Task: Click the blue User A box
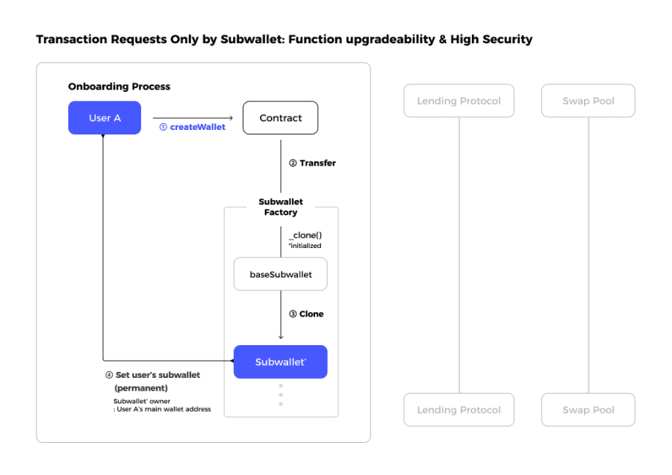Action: click(105, 118)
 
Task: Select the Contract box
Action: click(281, 118)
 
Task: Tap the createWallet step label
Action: click(193, 127)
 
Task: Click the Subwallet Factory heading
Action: click(281, 207)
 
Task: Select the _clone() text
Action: click(305, 235)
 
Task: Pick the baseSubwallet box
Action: click(281, 274)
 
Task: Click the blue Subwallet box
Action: click(281, 361)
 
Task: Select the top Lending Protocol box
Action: click(458, 101)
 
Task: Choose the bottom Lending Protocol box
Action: click(458, 409)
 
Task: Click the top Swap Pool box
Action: click(588, 101)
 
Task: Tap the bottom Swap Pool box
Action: click(588, 409)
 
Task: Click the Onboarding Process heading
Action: click(119, 87)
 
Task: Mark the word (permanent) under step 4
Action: click(141, 388)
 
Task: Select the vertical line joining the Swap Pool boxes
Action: click(588, 254)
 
